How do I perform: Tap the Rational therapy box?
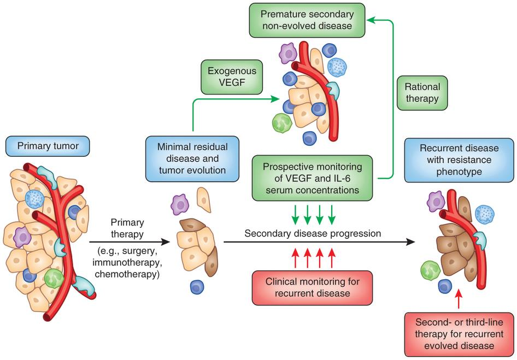[x=422, y=93]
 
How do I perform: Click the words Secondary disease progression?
[x=313, y=233]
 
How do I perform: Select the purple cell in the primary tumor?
[x=22, y=237]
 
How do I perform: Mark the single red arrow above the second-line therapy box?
[x=458, y=301]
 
